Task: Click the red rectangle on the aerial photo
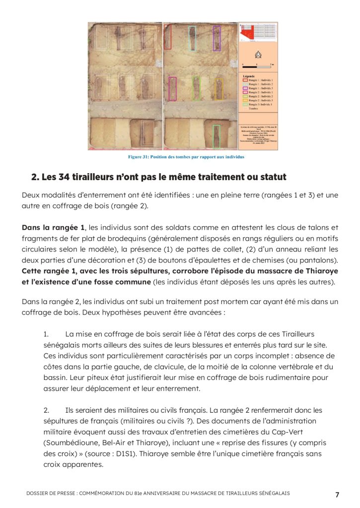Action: click(x=168, y=38)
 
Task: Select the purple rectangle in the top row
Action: click(x=216, y=38)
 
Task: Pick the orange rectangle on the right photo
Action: click(x=218, y=89)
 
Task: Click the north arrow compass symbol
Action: click(x=258, y=55)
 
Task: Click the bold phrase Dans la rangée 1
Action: click(x=53, y=228)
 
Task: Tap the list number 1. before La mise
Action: click(x=47, y=334)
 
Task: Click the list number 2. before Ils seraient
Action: click(x=47, y=410)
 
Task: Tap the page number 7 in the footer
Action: click(x=337, y=494)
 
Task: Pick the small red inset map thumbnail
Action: click(x=258, y=33)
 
